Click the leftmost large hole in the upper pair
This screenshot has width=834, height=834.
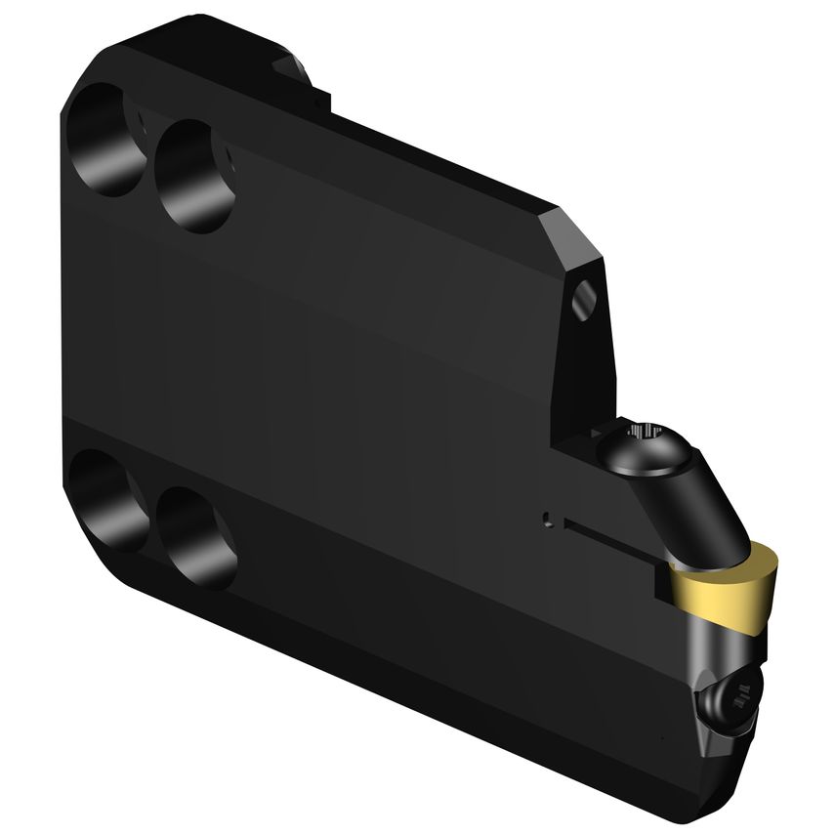tap(105, 139)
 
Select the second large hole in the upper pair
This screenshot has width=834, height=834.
tap(196, 176)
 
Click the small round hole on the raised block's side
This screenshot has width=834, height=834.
tap(584, 300)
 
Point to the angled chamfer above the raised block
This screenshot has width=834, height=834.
tap(576, 234)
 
